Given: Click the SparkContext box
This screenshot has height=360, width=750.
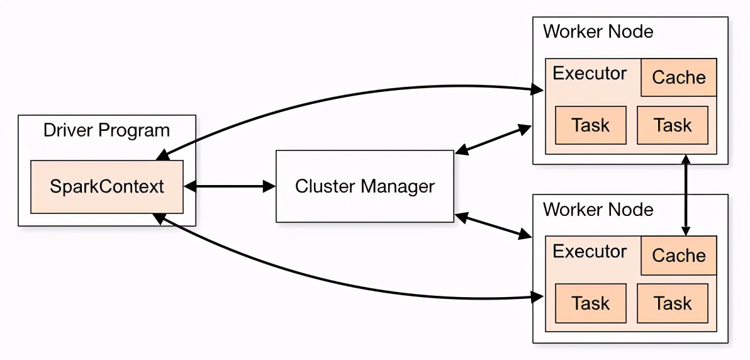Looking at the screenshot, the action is (107, 187).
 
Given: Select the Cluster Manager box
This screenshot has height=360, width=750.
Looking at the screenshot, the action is (364, 186).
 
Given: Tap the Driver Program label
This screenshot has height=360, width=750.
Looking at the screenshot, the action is (107, 130).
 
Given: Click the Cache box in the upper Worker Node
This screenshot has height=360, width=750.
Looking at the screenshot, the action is (679, 77).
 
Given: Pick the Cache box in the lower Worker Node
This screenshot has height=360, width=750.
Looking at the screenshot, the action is (679, 255).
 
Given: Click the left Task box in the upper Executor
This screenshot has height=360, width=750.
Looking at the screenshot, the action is (591, 125).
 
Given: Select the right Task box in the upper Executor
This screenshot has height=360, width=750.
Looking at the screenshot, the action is (673, 125).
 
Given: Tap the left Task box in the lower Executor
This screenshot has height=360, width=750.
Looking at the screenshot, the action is (591, 303).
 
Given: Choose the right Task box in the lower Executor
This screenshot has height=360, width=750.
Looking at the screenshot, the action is (673, 303).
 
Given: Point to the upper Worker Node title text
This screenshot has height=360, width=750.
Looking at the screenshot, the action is (598, 31).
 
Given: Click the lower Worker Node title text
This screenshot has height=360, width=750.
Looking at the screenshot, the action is (598, 209).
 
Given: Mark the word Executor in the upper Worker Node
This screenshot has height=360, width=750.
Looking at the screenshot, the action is (590, 74).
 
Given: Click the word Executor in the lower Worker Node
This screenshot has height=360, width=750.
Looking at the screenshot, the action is (590, 251).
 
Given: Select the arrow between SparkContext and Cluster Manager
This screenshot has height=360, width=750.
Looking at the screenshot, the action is (230, 187).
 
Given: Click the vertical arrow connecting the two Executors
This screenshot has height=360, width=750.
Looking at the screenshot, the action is (687, 195).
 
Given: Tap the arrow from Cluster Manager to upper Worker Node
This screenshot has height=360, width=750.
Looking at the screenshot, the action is (493, 139).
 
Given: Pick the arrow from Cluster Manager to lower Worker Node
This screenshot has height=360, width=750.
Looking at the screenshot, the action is (493, 226).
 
